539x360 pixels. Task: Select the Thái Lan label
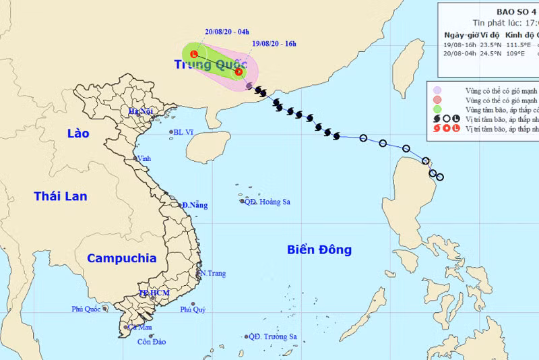coord(61,196)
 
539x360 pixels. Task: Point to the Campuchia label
coord(122,258)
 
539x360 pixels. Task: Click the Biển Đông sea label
coord(319,250)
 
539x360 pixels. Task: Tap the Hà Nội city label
coord(143,112)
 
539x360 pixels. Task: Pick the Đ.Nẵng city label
coord(195,205)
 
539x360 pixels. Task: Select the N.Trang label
coord(213,273)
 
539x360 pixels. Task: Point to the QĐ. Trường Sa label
coord(273,336)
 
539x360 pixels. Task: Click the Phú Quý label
coord(193,310)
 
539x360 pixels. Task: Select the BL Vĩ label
coord(181,133)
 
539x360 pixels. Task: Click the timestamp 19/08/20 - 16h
coord(273,44)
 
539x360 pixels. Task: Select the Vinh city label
coord(144,158)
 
